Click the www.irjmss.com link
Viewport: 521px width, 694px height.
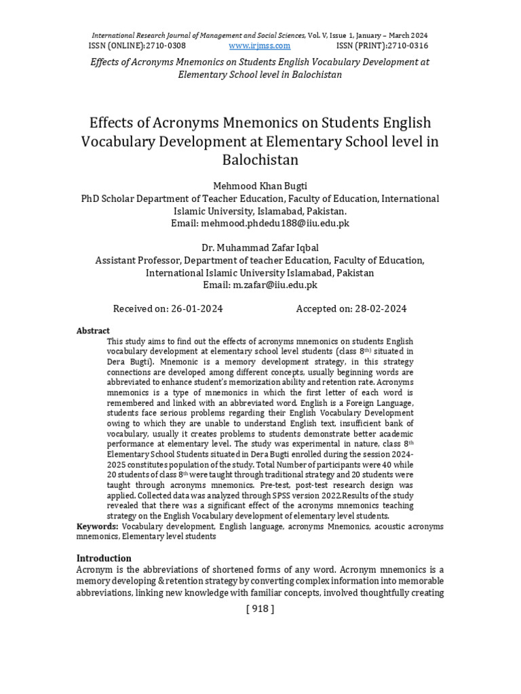pos(260,45)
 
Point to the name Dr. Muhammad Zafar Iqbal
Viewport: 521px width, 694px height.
pos(260,247)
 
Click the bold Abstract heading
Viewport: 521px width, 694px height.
pos(93,331)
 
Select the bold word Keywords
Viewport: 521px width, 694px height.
pos(97,527)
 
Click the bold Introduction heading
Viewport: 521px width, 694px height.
pos(104,558)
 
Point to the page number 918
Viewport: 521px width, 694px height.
pos(260,609)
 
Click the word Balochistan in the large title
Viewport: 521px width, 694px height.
pos(260,160)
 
